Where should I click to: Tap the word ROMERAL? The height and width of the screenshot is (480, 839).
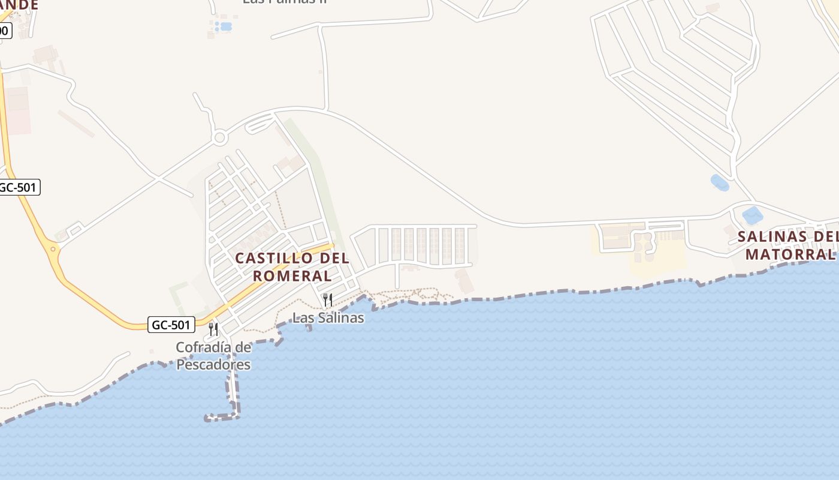[292, 276]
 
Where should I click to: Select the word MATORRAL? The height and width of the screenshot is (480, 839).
[790, 254]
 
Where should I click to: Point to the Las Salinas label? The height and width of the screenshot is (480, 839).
[328, 318]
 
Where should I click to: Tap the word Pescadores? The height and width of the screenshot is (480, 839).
[213, 364]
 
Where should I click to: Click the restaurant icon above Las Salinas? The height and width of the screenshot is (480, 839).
[328, 299]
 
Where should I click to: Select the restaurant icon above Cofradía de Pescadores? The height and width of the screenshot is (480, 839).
[213, 329]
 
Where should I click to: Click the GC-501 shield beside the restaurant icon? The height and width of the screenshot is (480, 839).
[171, 325]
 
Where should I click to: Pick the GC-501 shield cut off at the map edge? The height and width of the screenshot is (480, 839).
[19, 187]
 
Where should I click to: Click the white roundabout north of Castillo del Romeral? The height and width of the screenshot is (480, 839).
[220, 138]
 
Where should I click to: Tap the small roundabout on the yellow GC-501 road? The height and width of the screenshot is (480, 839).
[53, 248]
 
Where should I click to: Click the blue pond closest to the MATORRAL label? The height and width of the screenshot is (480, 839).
[752, 215]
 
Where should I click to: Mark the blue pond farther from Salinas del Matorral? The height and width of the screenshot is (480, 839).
[719, 182]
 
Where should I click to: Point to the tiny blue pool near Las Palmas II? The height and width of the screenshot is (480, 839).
[225, 26]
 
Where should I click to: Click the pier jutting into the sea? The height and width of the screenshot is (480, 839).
[233, 390]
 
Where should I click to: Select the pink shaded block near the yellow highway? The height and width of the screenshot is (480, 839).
[17, 111]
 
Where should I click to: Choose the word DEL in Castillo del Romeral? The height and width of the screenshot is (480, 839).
[333, 259]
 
